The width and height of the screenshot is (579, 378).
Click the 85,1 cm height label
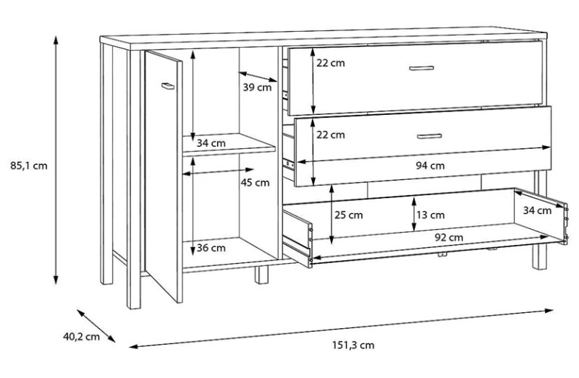point(29,166)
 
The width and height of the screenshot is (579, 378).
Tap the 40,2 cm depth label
point(81,336)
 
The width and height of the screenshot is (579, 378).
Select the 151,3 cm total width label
point(353,345)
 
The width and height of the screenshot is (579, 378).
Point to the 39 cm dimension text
point(257,88)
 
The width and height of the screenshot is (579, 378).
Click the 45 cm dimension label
point(255,182)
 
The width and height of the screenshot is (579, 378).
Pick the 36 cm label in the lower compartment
point(211,248)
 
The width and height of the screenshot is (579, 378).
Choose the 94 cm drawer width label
point(430,166)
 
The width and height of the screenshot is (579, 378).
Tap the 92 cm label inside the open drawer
point(449,237)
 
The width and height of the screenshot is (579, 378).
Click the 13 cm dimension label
point(431,215)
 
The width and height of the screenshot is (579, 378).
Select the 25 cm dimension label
point(349,215)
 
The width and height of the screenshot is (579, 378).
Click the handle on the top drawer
point(422,68)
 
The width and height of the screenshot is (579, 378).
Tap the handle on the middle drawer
point(429,136)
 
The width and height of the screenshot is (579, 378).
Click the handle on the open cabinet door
point(167,86)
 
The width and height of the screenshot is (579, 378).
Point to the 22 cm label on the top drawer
point(331,63)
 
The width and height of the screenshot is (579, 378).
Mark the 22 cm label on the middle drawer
point(331,135)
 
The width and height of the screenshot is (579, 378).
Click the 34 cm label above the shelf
point(211,143)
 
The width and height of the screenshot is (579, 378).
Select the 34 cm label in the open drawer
point(537,211)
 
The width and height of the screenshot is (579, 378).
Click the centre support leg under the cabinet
point(261,274)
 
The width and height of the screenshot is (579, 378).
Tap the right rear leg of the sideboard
point(540,256)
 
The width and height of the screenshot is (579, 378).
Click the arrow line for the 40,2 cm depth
point(96,326)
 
